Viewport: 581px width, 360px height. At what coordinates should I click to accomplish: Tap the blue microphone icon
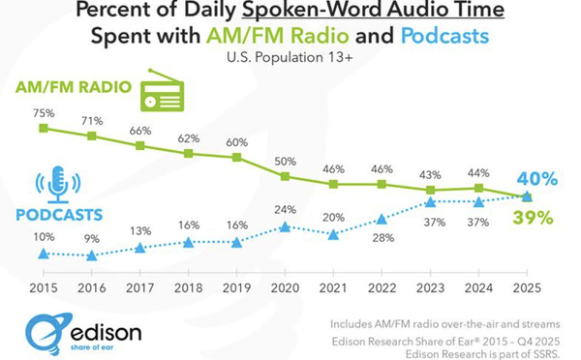(x=57, y=185)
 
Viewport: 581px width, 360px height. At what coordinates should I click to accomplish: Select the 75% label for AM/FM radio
(x=43, y=111)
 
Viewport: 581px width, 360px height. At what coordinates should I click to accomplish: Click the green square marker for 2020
(x=285, y=176)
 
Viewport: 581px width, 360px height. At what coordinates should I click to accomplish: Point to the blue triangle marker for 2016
(x=91, y=255)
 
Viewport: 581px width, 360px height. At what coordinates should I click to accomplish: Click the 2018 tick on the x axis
(x=188, y=287)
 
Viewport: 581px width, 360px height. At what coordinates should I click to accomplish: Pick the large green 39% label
(x=534, y=218)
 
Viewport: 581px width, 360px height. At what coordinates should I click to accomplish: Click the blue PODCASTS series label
(x=59, y=211)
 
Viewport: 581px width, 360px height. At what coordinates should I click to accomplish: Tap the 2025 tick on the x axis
(x=526, y=287)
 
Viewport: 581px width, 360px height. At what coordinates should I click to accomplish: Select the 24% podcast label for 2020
(x=284, y=208)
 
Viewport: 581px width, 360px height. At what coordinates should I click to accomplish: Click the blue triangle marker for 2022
(x=382, y=219)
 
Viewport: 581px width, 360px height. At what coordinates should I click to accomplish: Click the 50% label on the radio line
(x=285, y=160)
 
